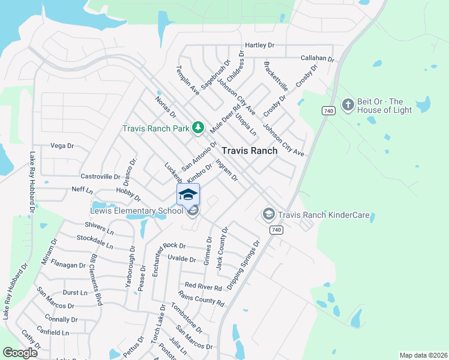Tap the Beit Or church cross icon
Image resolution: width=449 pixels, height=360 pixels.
click(x=348, y=106)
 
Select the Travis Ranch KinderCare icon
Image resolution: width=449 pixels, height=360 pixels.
click(x=268, y=214)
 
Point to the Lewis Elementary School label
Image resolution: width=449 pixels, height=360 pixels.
click(x=136, y=211)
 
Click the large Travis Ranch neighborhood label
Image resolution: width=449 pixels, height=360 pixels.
click(x=250, y=151)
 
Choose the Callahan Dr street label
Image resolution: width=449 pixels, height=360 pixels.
click(x=317, y=58)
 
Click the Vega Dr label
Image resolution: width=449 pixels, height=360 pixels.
click(x=62, y=146)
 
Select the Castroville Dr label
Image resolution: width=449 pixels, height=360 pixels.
click(x=100, y=176)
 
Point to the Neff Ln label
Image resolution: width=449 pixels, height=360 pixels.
click(x=82, y=190)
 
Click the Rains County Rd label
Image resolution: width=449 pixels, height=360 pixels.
click(x=200, y=298)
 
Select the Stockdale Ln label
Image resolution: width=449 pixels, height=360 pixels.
click(x=95, y=241)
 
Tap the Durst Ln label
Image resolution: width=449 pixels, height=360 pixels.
click(x=75, y=293)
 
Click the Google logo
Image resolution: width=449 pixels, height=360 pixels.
click(x=20, y=353)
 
